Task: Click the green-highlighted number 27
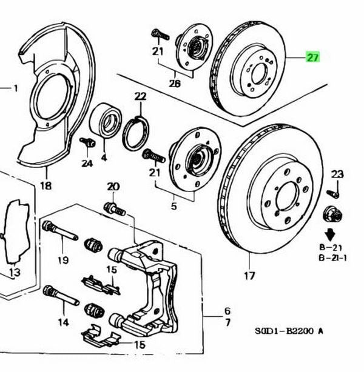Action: point(313,58)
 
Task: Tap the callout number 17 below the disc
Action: point(249,276)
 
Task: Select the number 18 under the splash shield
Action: point(46,186)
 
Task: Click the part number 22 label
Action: point(141,96)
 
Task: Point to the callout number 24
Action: point(87,164)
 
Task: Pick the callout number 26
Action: point(175,84)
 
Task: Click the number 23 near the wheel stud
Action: point(337,174)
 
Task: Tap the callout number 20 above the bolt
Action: point(113,186)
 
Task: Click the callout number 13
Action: point(13,273)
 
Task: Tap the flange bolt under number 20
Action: point(115,208)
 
